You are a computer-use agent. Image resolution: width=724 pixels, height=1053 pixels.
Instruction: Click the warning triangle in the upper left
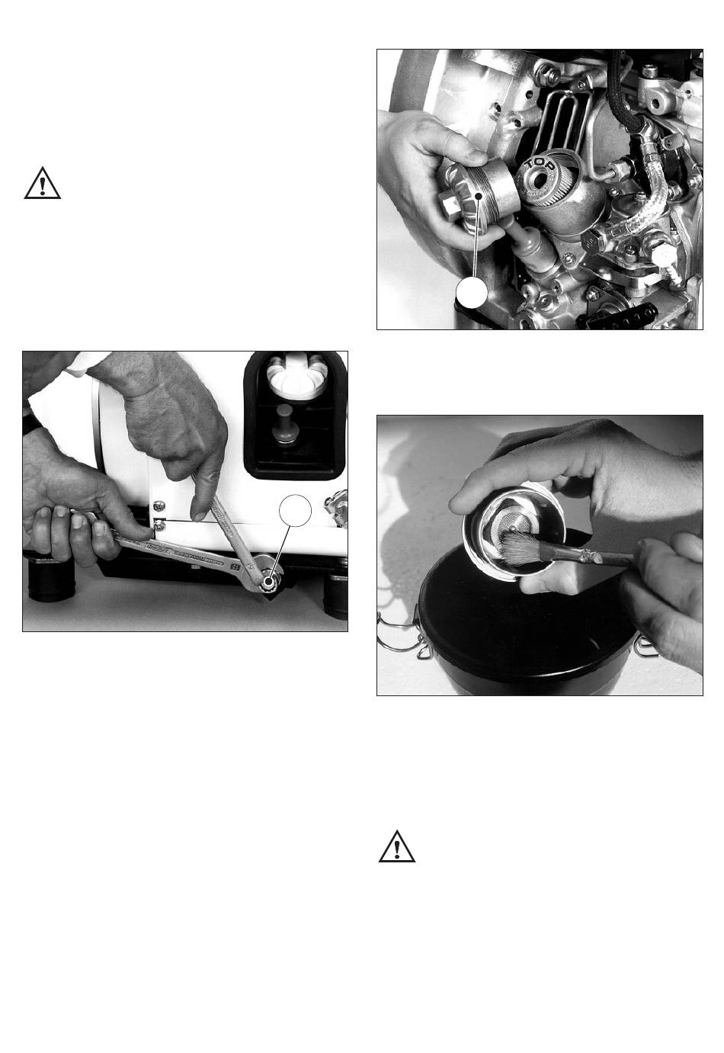pyautogui.click(x=42, y=183)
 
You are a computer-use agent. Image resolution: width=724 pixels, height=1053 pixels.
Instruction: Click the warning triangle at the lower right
pyautogui.click(x=397, y=846)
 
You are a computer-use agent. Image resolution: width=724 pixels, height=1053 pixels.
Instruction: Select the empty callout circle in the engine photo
pyautogui.click(x=472, y=292)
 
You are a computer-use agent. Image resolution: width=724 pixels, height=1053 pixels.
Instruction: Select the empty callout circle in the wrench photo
pyautogui.click(x=295, y=511)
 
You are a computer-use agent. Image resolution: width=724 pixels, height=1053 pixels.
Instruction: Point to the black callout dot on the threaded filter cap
pyautogui.click(x=479, y=196)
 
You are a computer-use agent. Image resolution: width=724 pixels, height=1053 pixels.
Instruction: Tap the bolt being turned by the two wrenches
pyautogui.click(x=269, y=582)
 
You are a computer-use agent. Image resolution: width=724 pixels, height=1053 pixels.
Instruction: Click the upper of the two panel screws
pyautogui.click(x=159, y=505)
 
